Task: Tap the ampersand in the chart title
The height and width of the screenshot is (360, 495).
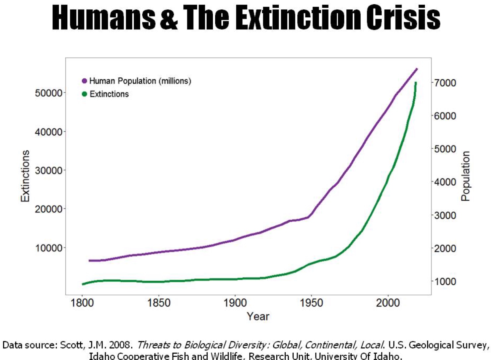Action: [x=169, y=18]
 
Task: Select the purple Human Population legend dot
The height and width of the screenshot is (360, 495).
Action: [x=84, y=81]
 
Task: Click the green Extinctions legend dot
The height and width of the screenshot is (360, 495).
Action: [x=84, y=94]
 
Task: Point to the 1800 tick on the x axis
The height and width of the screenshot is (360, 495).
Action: [x=82, y=303]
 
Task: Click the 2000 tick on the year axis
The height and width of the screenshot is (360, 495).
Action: [x=388, y=303]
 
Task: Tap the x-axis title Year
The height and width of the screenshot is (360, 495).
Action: [x=257, y=316]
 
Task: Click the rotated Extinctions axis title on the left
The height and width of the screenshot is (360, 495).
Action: [x=25, y=176]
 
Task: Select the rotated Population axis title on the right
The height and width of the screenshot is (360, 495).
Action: [x=466, y=176]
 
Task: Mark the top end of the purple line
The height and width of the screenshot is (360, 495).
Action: [x=417, y=69]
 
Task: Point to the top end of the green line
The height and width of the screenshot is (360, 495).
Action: [x=416, y=83]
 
